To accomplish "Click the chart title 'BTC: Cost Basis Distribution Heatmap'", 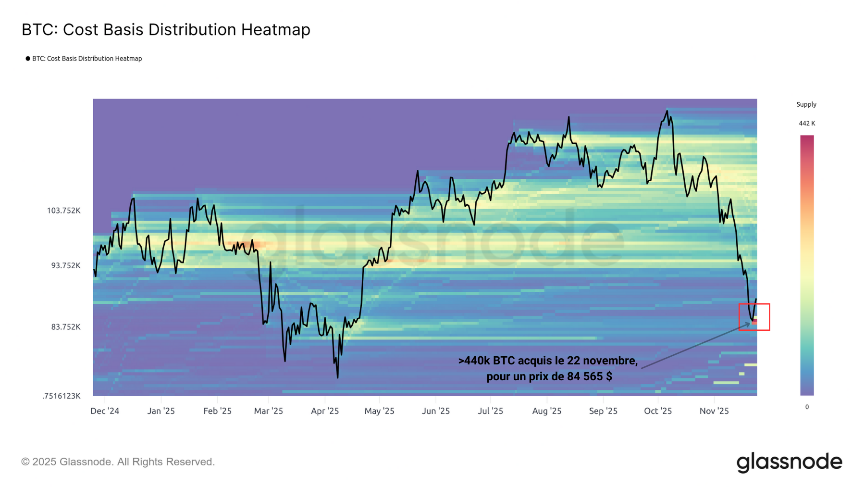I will coord(166,30).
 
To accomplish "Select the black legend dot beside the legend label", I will coord(28,59).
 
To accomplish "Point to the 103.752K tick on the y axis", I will coord(63,211).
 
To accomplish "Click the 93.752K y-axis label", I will coord(66,265).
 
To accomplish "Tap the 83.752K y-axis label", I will coord(66,327).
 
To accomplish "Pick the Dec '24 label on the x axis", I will coord(105,411).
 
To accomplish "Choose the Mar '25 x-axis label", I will coord(269,411).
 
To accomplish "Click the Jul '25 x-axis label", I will coord(491,411).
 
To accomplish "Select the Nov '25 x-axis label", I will coord(714,411).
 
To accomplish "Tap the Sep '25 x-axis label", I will coord(603,411).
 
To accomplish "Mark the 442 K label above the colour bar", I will coord(807,124).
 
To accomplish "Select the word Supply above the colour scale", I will coord(806,104).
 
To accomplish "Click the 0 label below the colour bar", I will coord(807,407).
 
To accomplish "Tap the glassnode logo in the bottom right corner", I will coord(789,462).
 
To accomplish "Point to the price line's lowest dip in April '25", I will coord(338,377).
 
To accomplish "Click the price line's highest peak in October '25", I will coord(667,111).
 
